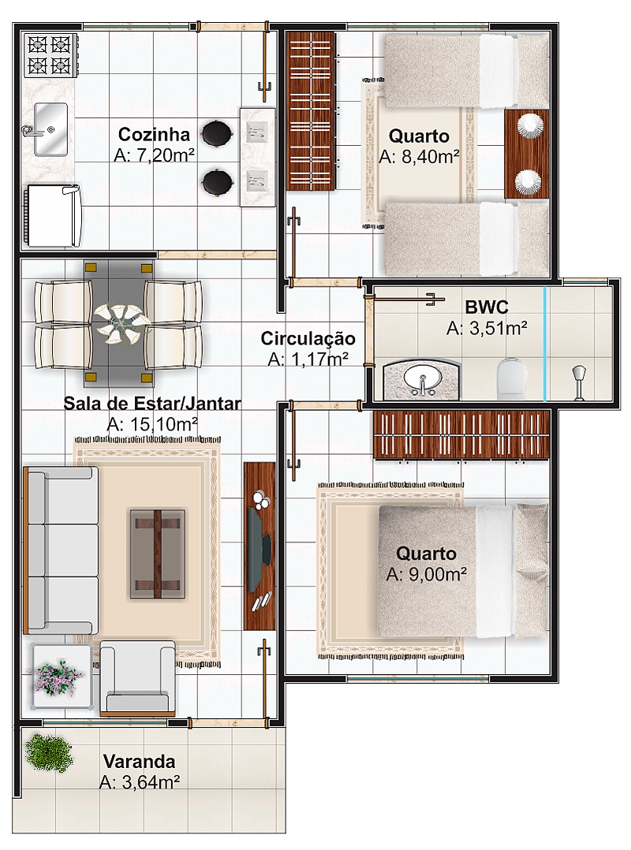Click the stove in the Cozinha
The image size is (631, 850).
[50, 54]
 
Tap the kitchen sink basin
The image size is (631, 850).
[50, 129]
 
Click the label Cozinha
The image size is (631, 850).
[154, 134]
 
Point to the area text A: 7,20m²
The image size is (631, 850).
[155, 155]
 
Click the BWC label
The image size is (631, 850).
[487, 308]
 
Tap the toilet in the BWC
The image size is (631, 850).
[511, 376]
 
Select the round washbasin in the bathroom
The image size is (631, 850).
[422, 379]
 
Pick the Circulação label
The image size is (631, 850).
[308, 338]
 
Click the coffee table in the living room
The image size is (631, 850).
[157, 554]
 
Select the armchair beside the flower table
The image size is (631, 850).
[138, 678]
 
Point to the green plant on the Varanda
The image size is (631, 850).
[49, 752]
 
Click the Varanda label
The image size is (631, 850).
[140, 761]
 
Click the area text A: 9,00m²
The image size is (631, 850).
[427, 574]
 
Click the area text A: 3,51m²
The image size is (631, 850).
[487, 328]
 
